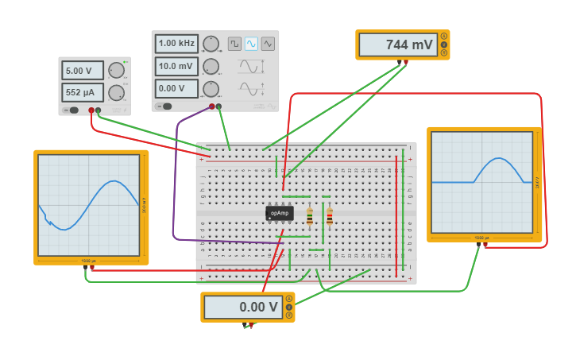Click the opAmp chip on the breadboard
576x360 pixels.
click(x=279, y=213)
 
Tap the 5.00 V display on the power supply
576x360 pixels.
click(x=83, y=70)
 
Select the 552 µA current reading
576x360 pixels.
click(x=83, y=92)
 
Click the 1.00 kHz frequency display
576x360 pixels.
click(x=176, y=43)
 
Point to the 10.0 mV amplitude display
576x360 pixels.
click(x=176, y=66)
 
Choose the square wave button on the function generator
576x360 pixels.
click(x=234, y=44)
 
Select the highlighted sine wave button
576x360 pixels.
click(x=251, y=44)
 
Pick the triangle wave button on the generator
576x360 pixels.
click(x=268, y=44)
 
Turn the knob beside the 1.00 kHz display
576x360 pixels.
click(x=211, y=43)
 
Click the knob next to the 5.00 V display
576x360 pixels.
click(x=116, y=70)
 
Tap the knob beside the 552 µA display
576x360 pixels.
click(x=116, y=92)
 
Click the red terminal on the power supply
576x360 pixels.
click(x=91, y=110)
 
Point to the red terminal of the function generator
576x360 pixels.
click(x=212, y=106)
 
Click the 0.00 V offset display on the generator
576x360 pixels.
click(x=176, y=88)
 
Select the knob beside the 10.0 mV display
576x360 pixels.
click(x=211, y=66)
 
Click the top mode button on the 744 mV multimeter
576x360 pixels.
click(x=443, y=36)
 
